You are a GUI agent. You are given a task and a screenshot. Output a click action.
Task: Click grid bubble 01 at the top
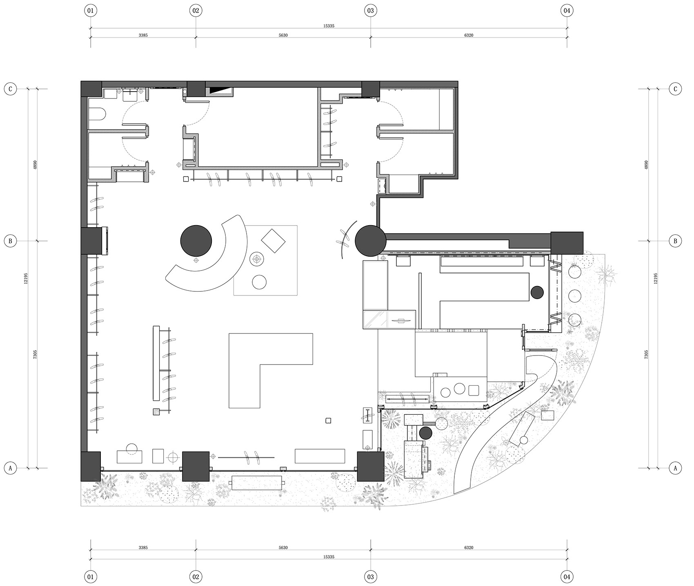point(91,11)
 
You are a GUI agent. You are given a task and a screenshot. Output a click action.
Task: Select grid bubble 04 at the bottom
point(567,577)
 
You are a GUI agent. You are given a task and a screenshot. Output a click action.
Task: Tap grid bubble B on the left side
point(10,241)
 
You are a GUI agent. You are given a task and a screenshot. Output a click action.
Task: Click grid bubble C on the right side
point(675,89)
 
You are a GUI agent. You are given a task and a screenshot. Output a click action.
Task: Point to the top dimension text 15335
point(329,26)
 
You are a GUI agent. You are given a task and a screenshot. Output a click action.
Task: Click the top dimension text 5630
point(283,35)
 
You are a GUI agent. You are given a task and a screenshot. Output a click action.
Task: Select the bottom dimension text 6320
point(469,548)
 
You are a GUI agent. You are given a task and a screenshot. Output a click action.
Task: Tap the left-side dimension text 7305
point(35,354)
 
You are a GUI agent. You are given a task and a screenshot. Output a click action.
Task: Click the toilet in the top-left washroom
point(98,114)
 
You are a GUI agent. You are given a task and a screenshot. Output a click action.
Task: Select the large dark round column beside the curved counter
point(196,241)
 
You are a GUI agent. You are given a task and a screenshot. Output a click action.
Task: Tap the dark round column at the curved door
point(370,241)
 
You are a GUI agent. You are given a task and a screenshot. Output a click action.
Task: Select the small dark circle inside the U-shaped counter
point(537,292)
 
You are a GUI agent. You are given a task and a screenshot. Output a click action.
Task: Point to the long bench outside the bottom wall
point(257,483)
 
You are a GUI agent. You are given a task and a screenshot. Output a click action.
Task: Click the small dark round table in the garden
point(426,433)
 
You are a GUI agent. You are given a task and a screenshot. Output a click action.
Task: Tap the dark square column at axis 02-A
point(196,466)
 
